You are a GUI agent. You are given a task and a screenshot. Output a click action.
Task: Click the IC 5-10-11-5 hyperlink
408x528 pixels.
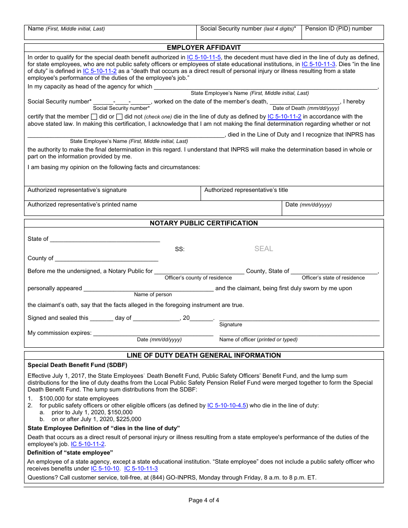pyautogui.click(x=204, y=57)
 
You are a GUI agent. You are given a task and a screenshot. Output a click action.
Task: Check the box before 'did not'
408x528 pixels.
pyautogui.click(x=119, y=117)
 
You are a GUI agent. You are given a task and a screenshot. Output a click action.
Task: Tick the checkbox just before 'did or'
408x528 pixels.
pyautogui.click(x=94, y=117)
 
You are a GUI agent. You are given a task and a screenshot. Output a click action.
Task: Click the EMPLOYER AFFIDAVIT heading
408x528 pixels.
pyautogui.click(x=204, y=48)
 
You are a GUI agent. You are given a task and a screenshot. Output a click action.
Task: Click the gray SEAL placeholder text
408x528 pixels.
pyautogui.click(x=263, y=249)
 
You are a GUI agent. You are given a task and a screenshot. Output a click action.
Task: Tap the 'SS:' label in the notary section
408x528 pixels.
pyautogui.click(x=180, y=249)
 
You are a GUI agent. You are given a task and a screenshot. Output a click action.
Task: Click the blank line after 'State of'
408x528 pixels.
pyautogui.click(x=105, y=239)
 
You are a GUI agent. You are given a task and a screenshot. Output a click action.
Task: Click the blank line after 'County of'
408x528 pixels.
pyautogui.click(x=107, y=258)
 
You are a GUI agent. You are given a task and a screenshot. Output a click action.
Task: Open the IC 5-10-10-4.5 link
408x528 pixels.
pyautogui.click(x=226, y=405)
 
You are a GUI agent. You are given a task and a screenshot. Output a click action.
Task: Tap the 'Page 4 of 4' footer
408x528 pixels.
pyautogui.click(x=204, y=500)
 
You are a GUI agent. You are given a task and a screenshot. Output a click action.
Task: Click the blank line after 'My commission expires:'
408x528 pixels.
pyautogui.click(x=153, y=333)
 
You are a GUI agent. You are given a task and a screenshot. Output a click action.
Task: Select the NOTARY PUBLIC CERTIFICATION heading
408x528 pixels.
pyautogui.click(x=204, y=223)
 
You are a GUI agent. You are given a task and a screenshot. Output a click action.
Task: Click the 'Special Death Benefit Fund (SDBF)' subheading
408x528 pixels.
pyautogui.click(x=77, y=365)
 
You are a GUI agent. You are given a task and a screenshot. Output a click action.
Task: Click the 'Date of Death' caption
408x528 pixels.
pyautogui.click(x=306, y=108)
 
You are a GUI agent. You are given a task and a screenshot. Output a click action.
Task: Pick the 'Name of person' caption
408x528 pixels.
pyautogui.click(x=153, y=294)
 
